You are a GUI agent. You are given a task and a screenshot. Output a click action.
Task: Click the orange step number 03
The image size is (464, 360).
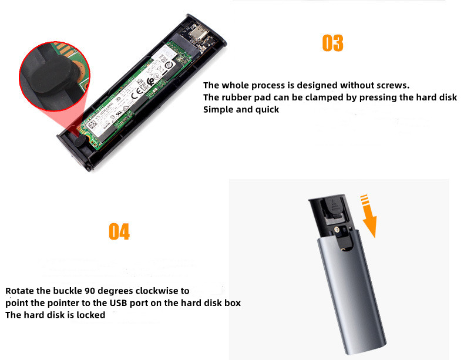pyautogui.click(x=332, y=43)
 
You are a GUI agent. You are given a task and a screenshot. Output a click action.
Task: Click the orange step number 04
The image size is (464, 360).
pyautogui.click(x=119, y=231)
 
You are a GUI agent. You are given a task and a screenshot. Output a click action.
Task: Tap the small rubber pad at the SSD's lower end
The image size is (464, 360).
pyautogui.click(x=78, y=140)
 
